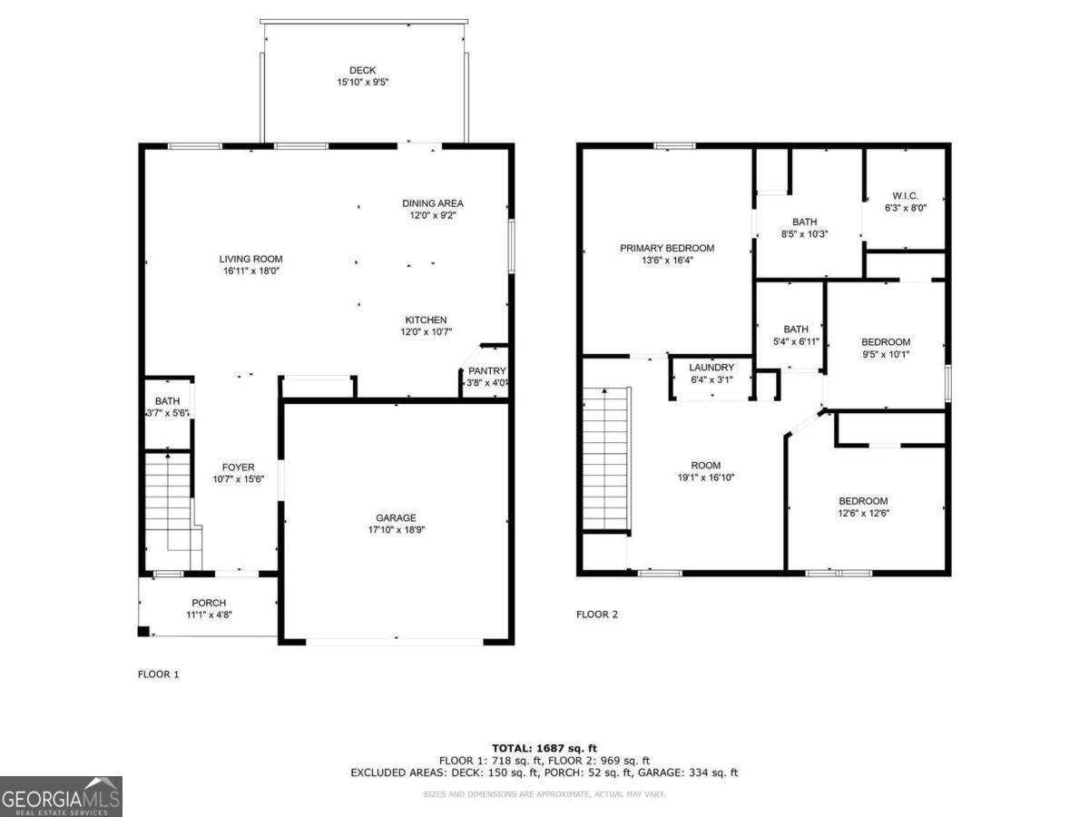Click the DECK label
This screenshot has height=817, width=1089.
[x=362, y=71]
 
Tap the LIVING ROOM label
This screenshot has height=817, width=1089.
[x=250, y=260]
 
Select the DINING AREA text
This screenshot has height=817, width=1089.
[x=433, y=203]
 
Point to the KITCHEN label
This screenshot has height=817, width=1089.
[x=426, y=320]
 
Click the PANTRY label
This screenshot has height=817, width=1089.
[x=486, y=371]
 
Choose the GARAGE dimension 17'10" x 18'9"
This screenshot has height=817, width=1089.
[x=396, y=531]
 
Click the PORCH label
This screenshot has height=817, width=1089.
[x=209, y=603]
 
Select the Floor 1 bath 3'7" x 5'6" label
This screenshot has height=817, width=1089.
[x=167, y=407]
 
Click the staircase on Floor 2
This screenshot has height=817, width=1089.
[x=603, y=458]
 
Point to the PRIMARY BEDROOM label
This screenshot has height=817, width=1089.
[x=667, y=248]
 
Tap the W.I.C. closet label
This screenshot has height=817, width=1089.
[x=905, y=196]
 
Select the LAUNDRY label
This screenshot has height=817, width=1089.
[x=711, y=368]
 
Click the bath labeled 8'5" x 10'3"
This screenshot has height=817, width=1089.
[x=804, y=221]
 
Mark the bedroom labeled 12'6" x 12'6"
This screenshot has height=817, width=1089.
[x=863, y=501]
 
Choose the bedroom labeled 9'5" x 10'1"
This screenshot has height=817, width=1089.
[x=885, y=342]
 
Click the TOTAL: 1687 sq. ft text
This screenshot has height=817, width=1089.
[x=544, y=747]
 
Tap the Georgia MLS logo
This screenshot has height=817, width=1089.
[x=61, y=796]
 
